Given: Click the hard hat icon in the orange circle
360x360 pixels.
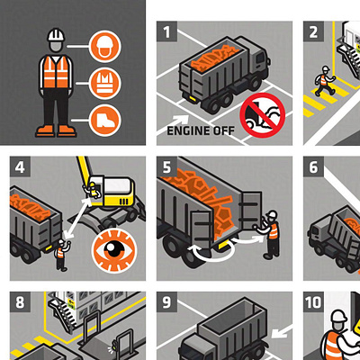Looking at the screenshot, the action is tap(105, 47).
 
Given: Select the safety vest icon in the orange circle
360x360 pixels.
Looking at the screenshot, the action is tap(105, 84).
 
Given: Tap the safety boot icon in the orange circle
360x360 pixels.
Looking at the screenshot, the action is tap(105, 121).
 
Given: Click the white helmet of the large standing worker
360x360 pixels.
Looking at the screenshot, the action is tap(56, 35).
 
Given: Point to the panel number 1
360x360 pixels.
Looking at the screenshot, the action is tap(166, 31).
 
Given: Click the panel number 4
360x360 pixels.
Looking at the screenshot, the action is tap(20, 166).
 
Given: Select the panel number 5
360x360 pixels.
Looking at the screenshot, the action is tap(166, 166).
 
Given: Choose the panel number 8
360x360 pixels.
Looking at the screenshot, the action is tap(20, 302).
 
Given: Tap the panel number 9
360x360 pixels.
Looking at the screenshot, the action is tap(166, 302).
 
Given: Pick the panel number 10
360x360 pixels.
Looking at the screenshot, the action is tap(313, 302).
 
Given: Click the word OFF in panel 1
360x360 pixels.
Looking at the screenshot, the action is tap(224, 130).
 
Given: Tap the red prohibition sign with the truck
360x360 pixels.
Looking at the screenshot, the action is tap(263, 115).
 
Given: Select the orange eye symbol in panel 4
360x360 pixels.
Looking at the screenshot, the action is tap(114, 251).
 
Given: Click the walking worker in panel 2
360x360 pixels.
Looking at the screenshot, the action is tap(324, 80).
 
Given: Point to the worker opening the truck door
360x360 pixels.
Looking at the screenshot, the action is tap(269, 234).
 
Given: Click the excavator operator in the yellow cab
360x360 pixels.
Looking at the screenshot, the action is tap(94, 191).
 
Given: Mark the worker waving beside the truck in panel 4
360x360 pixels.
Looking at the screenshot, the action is tap(62, 255).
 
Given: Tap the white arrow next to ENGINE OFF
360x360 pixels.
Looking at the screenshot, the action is tap(180, 121).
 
